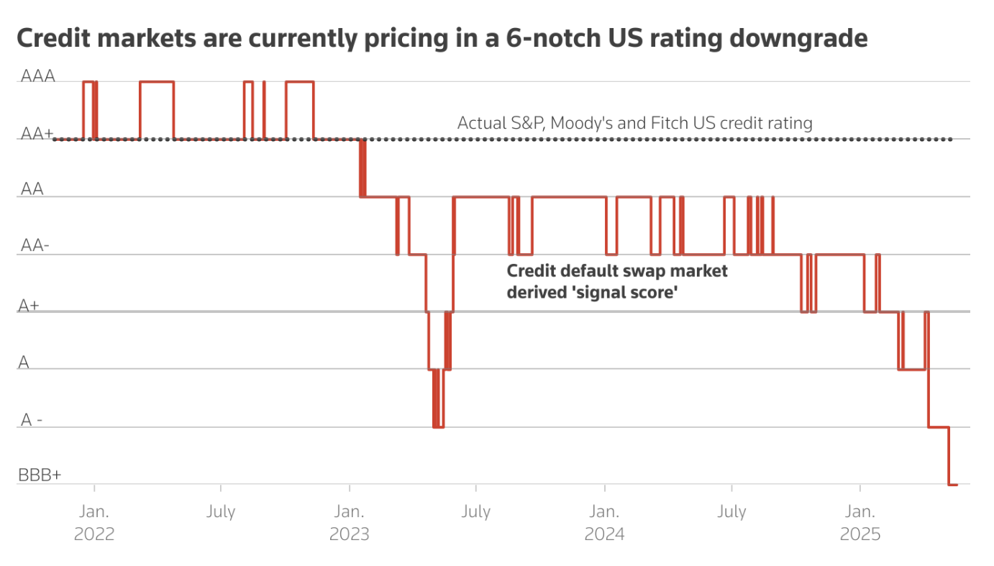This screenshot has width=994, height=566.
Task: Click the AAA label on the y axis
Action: point(38,76)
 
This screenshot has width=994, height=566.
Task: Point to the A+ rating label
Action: point(29,306)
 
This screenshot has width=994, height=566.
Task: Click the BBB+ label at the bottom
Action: point(40,475)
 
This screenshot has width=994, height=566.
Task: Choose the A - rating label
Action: point(32,420)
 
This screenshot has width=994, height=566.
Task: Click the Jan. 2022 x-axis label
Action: point(94,523)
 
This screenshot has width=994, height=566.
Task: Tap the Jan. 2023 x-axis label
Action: point(349,523)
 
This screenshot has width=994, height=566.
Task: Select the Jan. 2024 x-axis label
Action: point(604,523)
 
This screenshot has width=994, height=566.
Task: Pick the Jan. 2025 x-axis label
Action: point(860,523)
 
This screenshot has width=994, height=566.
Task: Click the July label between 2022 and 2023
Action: point(221,512)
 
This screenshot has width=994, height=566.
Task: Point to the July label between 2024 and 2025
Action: point(731,512)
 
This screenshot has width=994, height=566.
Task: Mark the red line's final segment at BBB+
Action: point(953,485)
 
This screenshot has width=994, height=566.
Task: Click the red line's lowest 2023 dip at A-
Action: point(438,426)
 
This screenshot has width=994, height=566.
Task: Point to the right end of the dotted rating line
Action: point(952,139)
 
